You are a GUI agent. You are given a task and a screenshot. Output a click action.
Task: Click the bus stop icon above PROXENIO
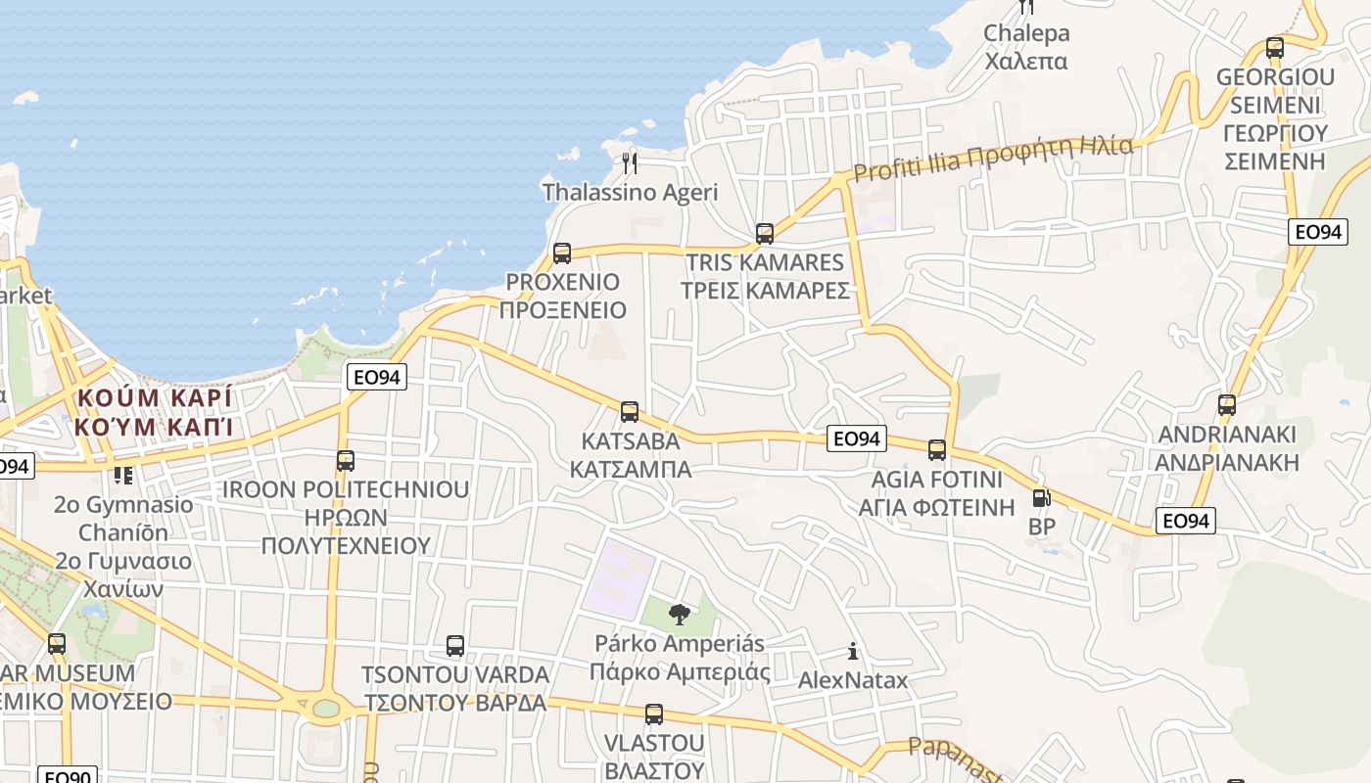click(x=562, y=253)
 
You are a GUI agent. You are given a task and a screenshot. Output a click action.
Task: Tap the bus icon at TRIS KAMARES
click(x=765, y=234)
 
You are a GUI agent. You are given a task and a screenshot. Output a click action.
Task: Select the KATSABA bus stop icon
click(x=630, y=412)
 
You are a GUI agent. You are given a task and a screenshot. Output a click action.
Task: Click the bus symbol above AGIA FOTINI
click(x=937, y=450)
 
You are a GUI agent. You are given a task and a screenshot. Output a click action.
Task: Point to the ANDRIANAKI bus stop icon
click(x=1226, y=404)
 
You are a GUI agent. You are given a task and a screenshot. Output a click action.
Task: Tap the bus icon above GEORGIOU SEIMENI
click(x=1274, y=47)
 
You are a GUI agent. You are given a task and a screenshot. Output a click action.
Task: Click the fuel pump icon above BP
click(x=1040, y=498)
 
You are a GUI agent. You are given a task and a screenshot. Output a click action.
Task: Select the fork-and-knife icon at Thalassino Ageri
click(x=630, y=162)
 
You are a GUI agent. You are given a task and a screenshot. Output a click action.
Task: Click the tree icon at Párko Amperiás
click(x=678, y=615)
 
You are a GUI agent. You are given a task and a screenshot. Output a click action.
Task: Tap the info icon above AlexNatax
click(x=853, y=651)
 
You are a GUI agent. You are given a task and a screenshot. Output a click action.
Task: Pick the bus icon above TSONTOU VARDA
click(x=455, y=646)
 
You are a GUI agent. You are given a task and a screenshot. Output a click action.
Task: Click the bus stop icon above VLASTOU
click(x=654, y=714)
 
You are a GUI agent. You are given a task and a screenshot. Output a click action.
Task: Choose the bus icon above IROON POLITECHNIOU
click(x=345, y=460)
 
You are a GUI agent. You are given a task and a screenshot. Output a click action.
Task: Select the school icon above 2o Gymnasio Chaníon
click(x=123, y=476)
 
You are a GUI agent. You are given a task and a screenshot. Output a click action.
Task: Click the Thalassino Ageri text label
click(x=630, y=192)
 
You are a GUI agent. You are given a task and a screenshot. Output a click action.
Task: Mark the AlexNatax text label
click(x=853, y=679)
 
